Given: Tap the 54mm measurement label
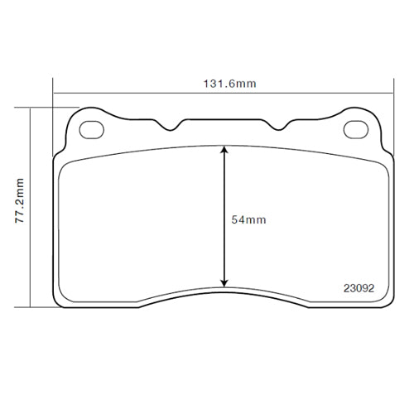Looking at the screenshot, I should (x=248, y=219).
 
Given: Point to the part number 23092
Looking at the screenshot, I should (x=359, y=289).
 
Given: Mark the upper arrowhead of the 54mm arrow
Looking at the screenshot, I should (x=224, y=151).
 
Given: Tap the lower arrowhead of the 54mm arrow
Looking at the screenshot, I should (x=224, y=282).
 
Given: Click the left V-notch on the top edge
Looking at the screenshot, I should (x=172, y=126).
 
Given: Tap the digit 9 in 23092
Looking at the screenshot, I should (x=367, y=289).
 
